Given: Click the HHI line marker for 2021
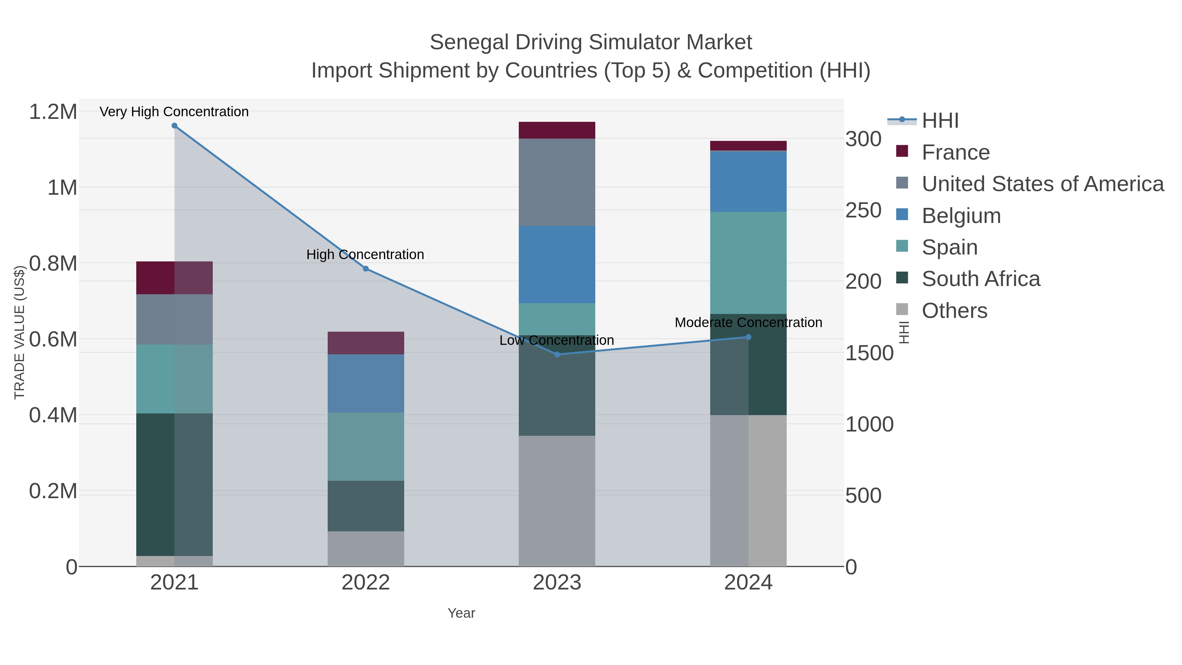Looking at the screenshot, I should pyautogui.click(x=174, y=126).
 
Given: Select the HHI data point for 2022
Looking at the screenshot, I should pyautogui.click(x=366, y=269).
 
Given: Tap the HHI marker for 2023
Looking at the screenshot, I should pyautogui.click(x=557, y=354).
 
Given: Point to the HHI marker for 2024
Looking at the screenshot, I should pyautogui.click(x=748, y=337).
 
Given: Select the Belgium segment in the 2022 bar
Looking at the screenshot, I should pyautogui.click(x=366, y=383).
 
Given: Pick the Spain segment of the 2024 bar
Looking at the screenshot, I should pyautogui.click(x=748, y=262).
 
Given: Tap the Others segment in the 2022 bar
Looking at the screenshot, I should pyautogui.click(x=366, y=548).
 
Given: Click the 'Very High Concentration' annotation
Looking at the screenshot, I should pyautogui.click(x=174, y=112).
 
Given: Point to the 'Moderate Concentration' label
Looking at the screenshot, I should pyautogui.click(x=748, y=322).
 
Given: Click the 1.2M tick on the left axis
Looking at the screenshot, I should pyautogui.click(x=53, y=112).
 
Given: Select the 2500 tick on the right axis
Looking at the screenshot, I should pyautogui.click(x=864, y=210).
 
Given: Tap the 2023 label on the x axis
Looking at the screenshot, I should pyautogui.click(x=557, y=583).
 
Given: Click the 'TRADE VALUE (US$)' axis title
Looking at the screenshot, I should pyautogui.click(x=19, y=332).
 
